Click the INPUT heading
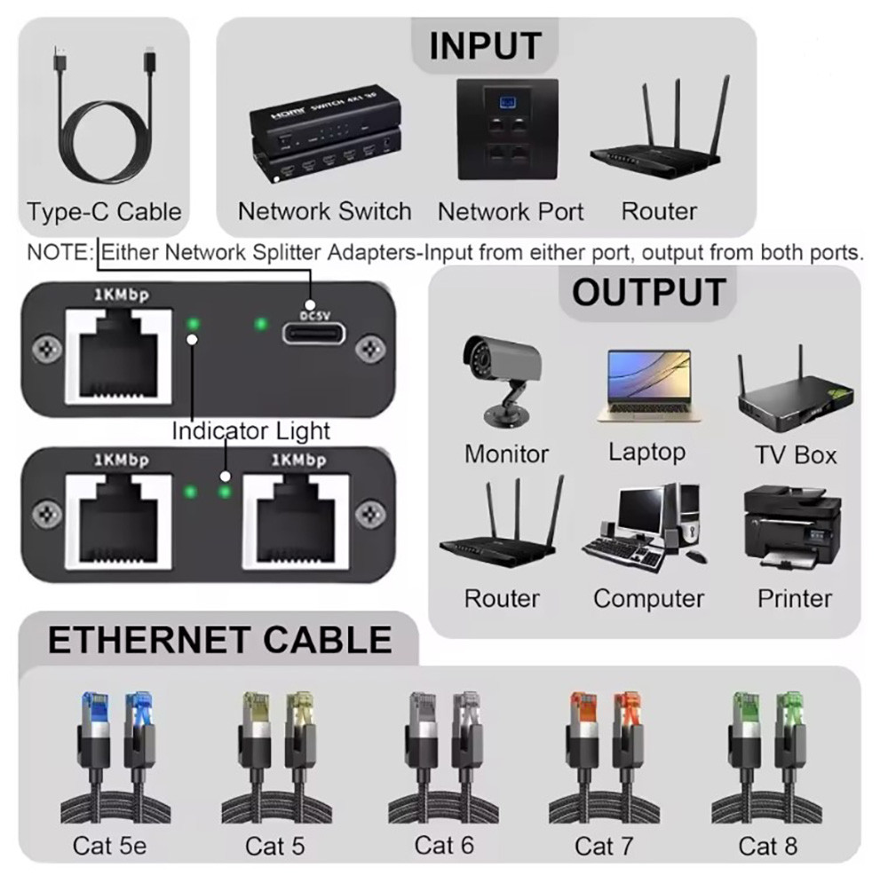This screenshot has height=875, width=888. (484, 45)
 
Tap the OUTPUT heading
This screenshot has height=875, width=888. (648, 292)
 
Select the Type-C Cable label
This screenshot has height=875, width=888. (104, 212)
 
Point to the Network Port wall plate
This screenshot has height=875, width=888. (507, 130)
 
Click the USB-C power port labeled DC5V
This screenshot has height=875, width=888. (315, 334)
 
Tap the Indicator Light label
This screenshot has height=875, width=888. (250, 431)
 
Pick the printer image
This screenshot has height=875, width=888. (792, 531)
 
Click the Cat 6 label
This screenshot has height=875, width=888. (444, 845)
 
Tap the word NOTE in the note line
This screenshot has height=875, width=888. (59, 252)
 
